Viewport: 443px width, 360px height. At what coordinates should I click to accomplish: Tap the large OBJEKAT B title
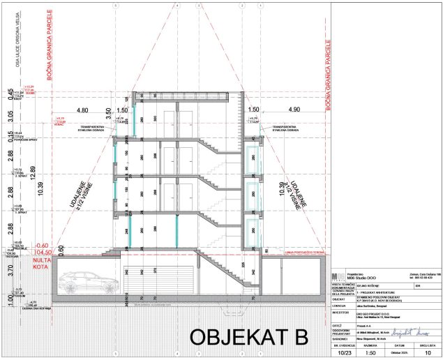(x=249, y=337)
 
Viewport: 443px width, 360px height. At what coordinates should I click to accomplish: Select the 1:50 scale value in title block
(x=371, y=354)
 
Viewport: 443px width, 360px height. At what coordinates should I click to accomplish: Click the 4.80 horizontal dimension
(x=83, y=110)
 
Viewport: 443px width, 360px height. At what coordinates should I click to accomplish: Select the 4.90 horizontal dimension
(x=292, y=110)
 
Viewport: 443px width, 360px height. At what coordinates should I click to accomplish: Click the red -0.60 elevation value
(x=43, y=246)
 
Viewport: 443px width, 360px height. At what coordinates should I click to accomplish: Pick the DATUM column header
(x=400, y=345)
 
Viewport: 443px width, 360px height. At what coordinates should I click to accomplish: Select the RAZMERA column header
(x=370, y=345)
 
